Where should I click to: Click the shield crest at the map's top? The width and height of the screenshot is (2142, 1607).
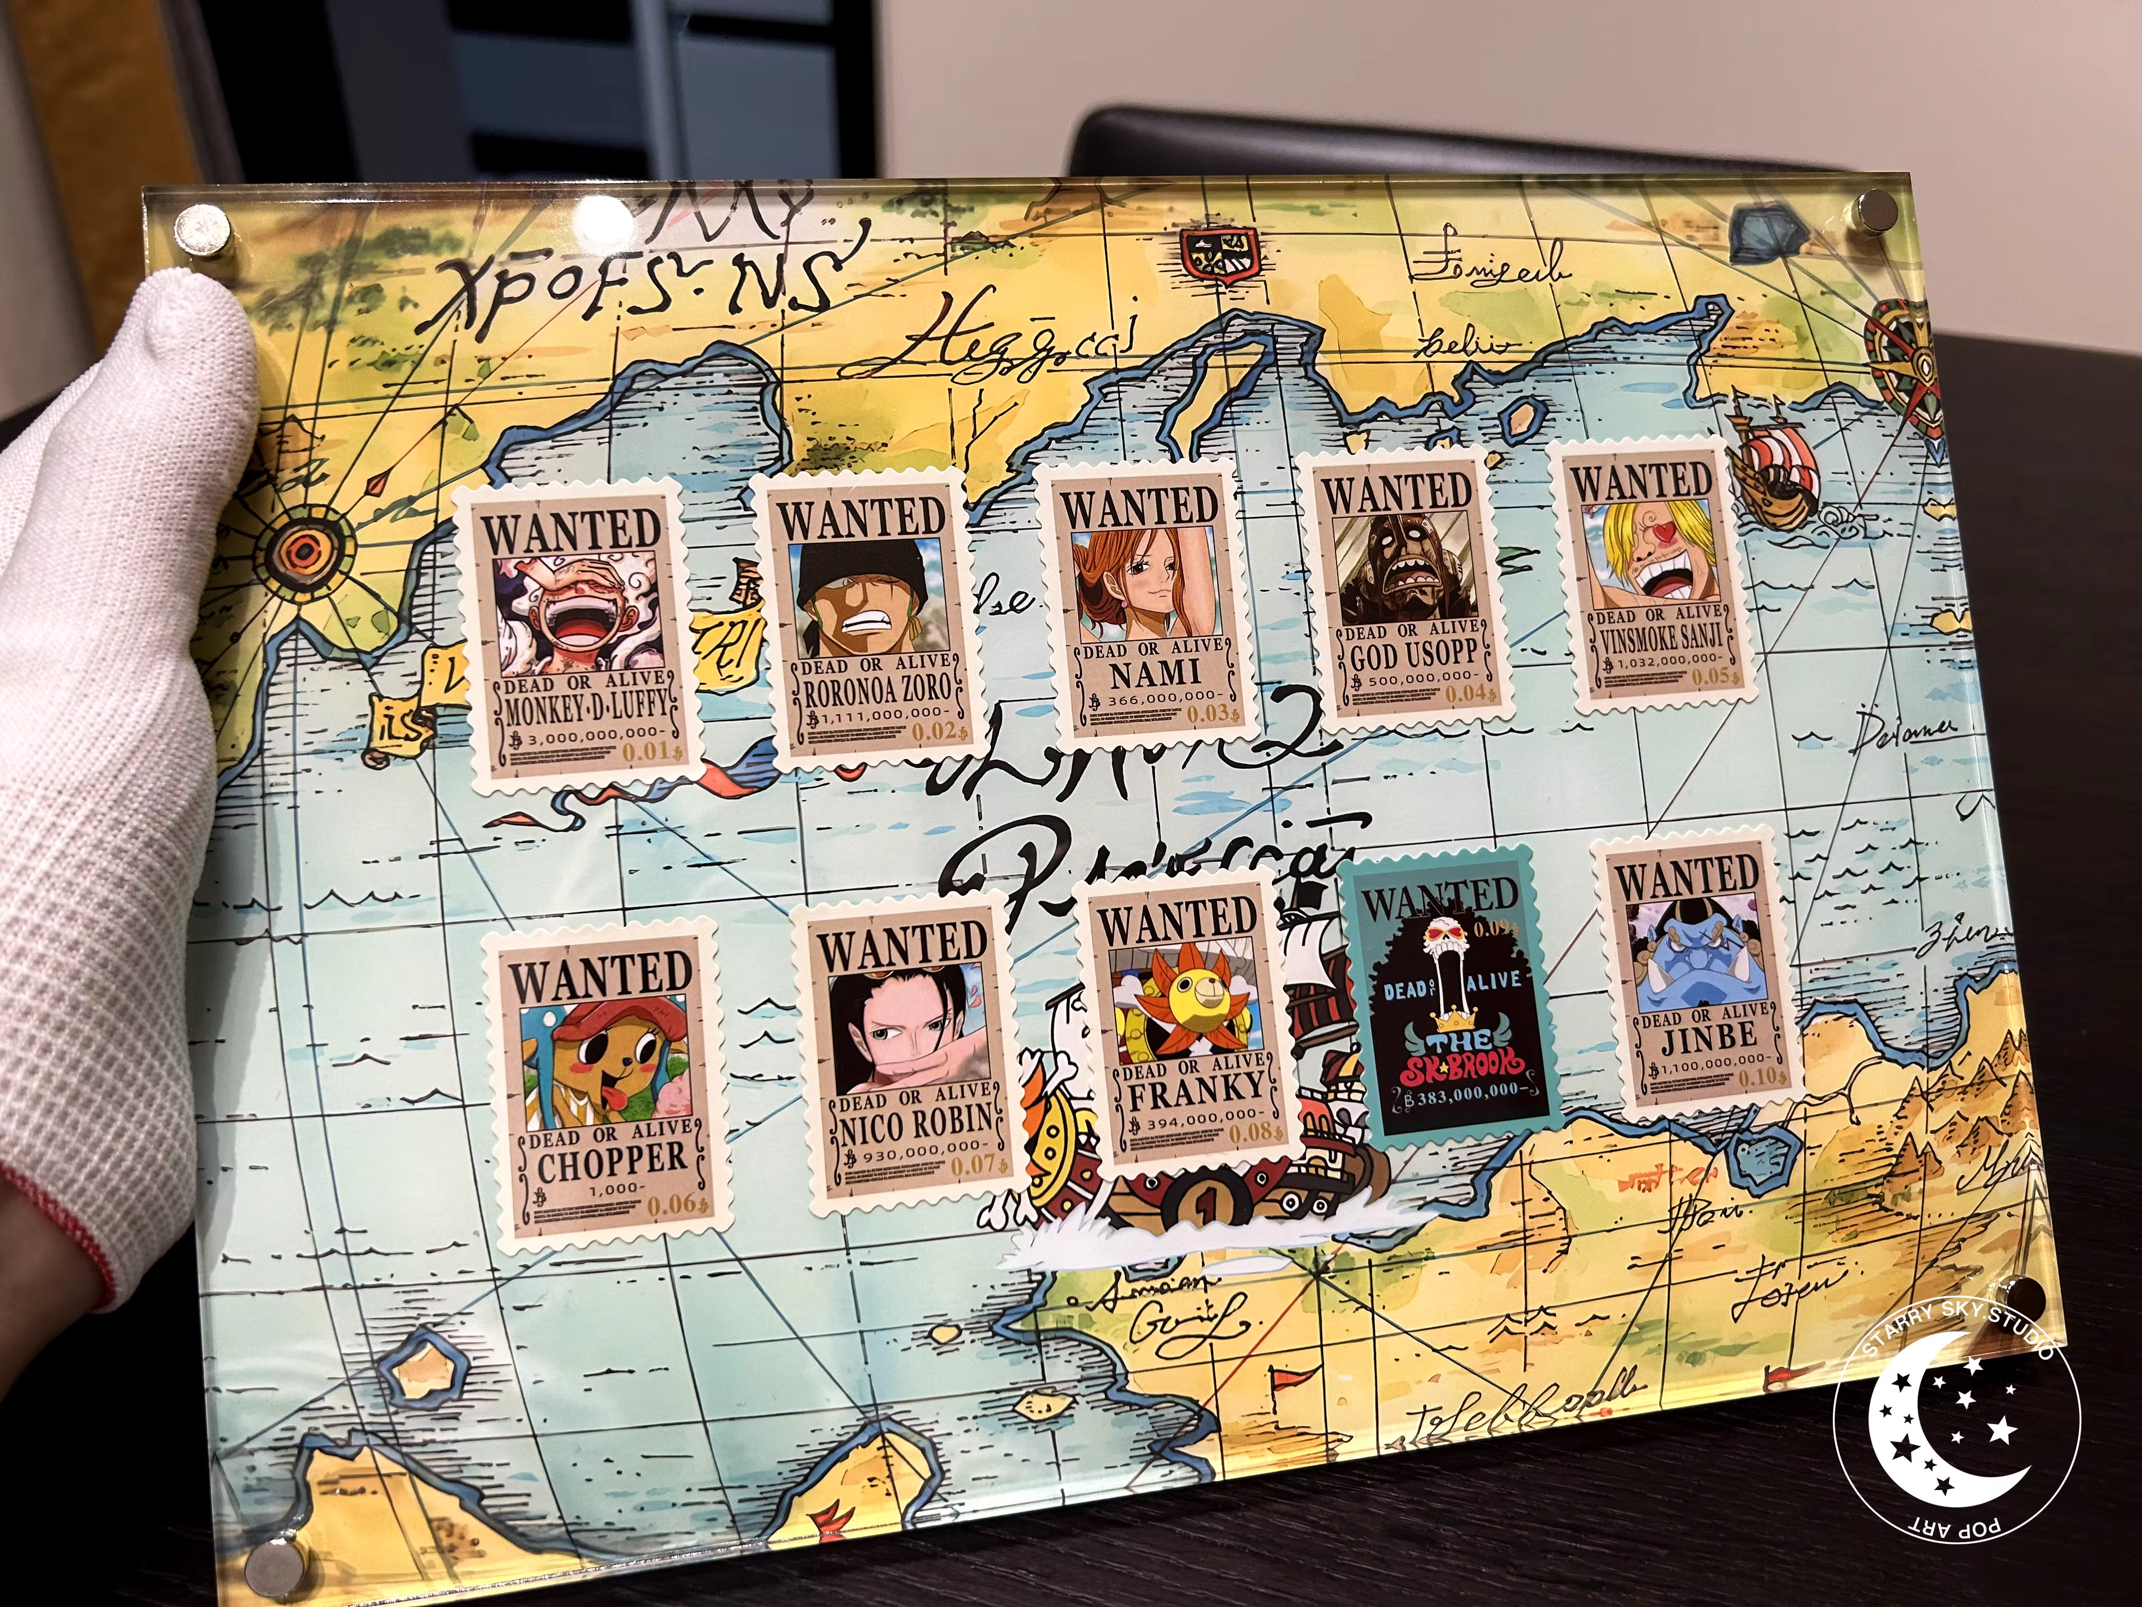coord(1218,258)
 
